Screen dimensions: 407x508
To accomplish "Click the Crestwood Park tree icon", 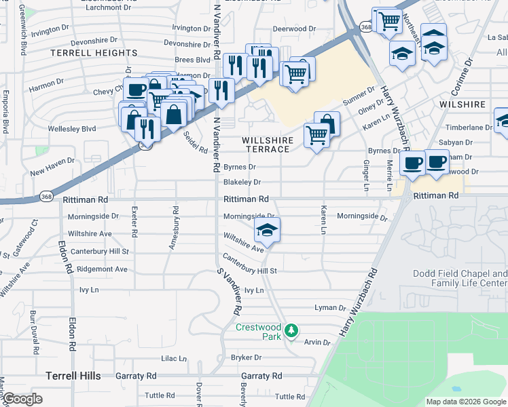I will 292,330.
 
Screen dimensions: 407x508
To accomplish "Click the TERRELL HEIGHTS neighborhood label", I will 94,53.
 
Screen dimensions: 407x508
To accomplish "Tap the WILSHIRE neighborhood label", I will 462,105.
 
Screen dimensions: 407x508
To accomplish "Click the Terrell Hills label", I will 73,376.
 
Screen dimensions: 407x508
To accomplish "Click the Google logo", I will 23,400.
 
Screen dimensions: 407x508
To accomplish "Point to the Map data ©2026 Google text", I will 465,402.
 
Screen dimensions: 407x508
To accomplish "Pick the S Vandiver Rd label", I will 228,292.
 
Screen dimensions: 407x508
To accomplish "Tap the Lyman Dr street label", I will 331,308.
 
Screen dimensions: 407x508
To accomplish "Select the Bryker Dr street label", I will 246,357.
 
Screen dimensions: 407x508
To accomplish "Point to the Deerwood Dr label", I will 295,29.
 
